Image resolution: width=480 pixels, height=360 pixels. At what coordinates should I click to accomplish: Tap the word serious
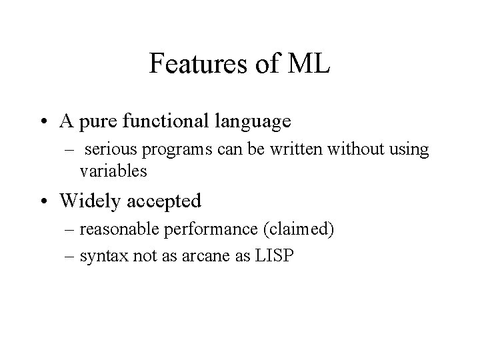pyautogui.click(x=108, y=150)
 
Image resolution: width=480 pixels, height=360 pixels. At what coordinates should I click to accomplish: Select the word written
pyautogui.click(x=275, y=150)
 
